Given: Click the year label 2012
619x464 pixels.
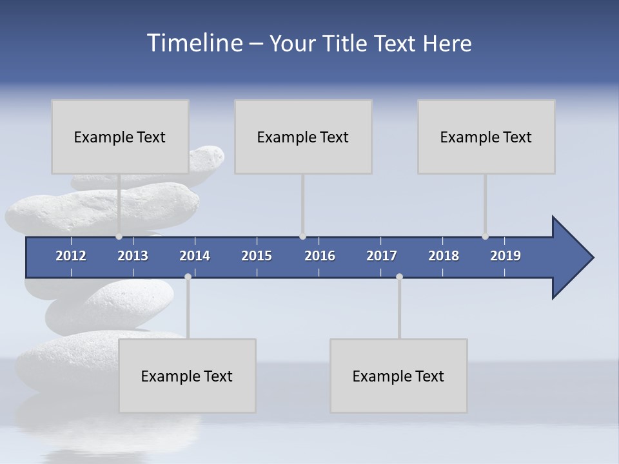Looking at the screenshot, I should click(x=71, y=256).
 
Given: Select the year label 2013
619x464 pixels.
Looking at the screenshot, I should click(x=133, y=256).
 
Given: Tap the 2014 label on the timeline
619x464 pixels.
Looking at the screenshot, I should click(x=195, y=256).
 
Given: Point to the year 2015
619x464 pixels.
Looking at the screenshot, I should click(x=257, y=256).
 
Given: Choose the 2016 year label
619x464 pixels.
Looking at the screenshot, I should click(x=320, y=256).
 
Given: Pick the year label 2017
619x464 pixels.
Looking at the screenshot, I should click(x=382, y=256).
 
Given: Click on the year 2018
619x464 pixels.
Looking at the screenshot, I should click(x=444, y=256).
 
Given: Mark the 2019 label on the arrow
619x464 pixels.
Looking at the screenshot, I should click(x=506, y=256).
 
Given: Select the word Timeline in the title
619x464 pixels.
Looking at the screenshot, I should click(x=194, y=43).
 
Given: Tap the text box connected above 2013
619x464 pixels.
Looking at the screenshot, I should click(x=120, y=137).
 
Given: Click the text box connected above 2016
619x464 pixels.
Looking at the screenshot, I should click(x=303, y=137).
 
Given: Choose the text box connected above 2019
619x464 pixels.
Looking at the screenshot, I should click(x=486, y=137).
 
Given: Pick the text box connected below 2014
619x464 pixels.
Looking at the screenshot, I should click(x=187, y=376).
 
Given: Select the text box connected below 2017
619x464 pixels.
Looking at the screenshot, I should click(x=398, y=376).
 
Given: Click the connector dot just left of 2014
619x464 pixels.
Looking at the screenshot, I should click(x=188, y=276).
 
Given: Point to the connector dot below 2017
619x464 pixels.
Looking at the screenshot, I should click(x=399, y=276).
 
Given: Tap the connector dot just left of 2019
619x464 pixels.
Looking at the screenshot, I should click(x=485, y=237).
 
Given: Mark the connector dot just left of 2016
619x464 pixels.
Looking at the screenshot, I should click(x=302, y=237).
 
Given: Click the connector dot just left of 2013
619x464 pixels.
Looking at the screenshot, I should click(x=119, y=237).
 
